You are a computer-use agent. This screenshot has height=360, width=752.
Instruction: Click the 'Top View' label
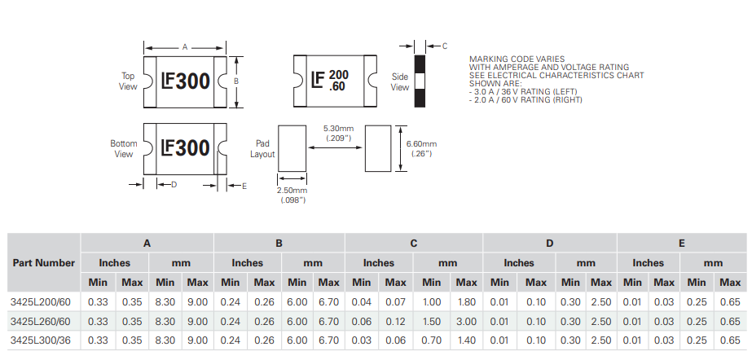[128, 81]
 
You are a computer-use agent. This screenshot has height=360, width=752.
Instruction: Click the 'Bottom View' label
[124, 148]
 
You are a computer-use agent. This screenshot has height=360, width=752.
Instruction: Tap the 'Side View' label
[399, 81]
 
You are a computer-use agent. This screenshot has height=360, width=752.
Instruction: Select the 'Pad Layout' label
[262, 148]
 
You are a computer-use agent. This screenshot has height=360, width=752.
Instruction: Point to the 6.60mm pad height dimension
[422, 148]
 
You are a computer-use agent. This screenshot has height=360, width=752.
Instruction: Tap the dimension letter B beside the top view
[236, 81]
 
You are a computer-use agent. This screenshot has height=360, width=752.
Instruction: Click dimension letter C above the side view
[445, 46]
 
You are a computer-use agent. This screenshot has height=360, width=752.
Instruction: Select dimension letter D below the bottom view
[174, 185]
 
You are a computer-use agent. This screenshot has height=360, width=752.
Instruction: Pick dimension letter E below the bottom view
[244, 186]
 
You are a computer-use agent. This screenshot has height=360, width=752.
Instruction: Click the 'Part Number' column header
[44, 262]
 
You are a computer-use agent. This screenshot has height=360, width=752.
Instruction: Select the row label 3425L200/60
[42, 301]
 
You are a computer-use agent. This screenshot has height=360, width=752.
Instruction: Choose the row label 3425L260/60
[42, 320]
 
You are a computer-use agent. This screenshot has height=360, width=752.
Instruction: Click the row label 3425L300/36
[42, 340]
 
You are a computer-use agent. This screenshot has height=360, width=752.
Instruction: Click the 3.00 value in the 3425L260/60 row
[466, 320]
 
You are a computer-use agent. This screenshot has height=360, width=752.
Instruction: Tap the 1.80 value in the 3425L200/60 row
[466, 301]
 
